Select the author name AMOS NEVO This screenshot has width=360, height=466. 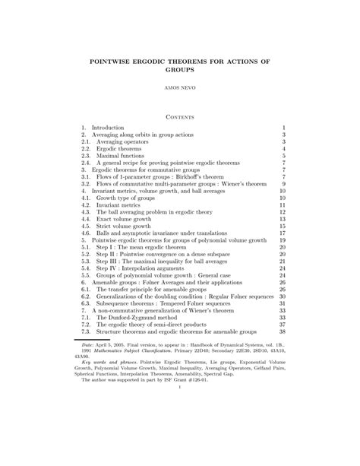pos(180,88)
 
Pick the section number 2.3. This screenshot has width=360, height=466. pos(86,155)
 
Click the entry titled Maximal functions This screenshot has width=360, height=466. pos(122,155)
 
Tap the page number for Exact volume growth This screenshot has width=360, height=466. pos(282,218)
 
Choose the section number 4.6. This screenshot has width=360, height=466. pos(86,233)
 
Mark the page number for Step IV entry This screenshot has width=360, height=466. pos(282,268)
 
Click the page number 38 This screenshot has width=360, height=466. pos(282,331)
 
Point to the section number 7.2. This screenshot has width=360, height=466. pos(86,325)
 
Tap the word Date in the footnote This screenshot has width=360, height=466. pos(88,343)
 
